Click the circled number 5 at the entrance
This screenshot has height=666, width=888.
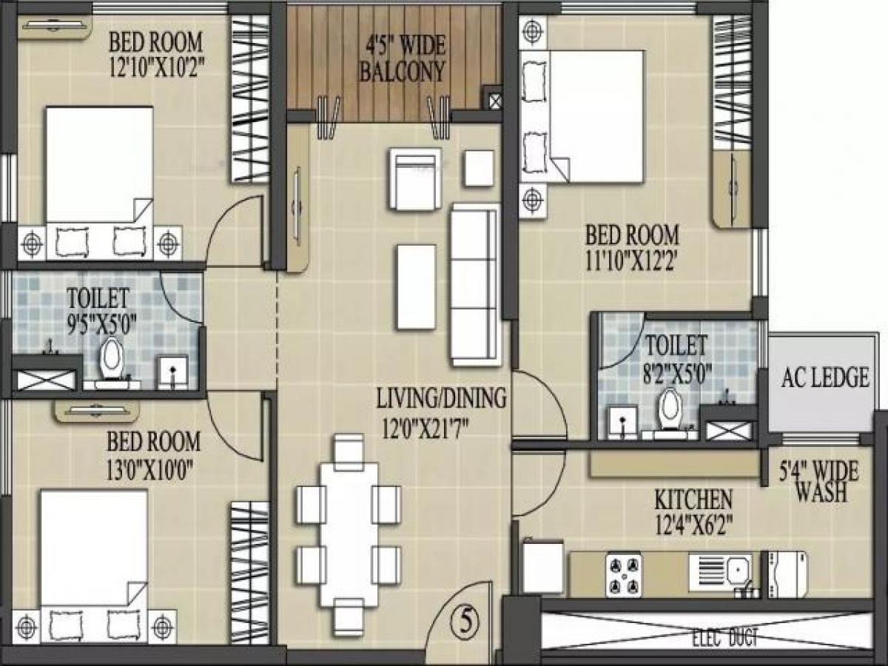click(x=465, y=622)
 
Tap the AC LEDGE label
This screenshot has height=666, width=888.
click(x=825, y=377)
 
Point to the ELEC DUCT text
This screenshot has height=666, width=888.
click(x=724, y=639)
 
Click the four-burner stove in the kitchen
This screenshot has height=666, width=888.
click(x=623, y=576)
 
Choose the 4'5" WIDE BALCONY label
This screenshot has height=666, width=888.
click(x=402, y=58)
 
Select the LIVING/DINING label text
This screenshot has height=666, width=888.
click(x=441, y=397)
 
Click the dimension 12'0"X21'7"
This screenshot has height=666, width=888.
click(x=425, y=428)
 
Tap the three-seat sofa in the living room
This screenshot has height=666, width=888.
click(x=475, y=285)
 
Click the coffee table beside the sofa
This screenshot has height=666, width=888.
click(x=417, y=286)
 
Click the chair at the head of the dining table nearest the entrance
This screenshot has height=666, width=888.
click(x=349, y=616)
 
